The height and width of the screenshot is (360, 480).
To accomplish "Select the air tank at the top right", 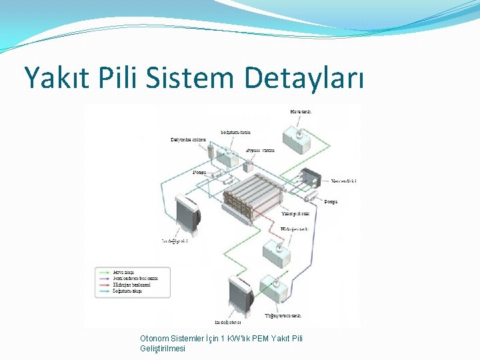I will (x=298, y=137).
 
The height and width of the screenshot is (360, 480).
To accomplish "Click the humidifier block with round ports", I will (x=312, y=179).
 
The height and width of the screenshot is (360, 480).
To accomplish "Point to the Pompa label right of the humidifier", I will (x=331, y=201).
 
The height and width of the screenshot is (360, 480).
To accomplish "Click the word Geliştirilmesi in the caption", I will (x=163, y=348).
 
